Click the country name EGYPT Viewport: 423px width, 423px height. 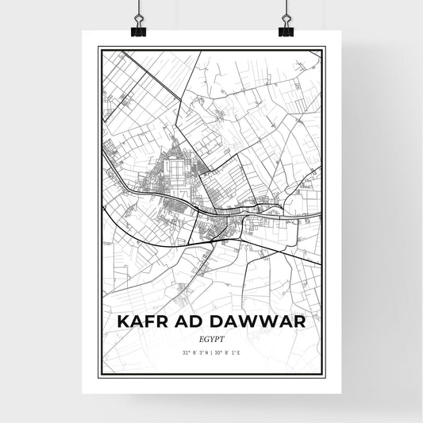tap(212, 338)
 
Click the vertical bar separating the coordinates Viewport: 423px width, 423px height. tap(212, 352)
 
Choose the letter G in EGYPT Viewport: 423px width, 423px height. tap(207, 338)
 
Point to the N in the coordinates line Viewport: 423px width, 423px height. tap(206, 352)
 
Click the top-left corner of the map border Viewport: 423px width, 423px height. tap(99, 48)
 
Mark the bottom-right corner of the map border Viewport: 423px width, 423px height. tap(324, 375)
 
